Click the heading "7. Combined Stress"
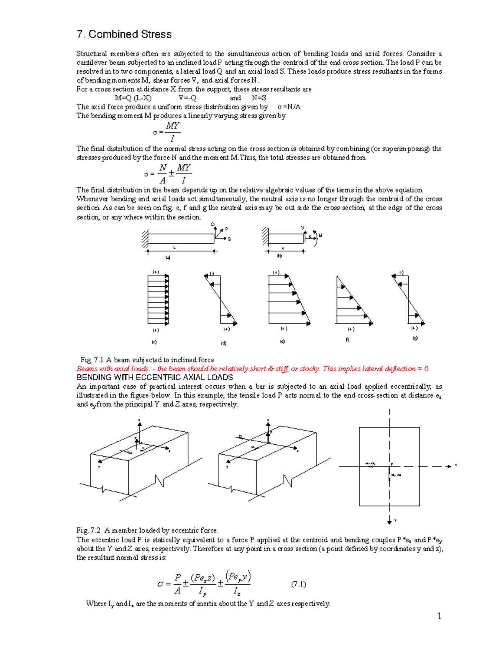tap(124, 34)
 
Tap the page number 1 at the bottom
tap(439, 616)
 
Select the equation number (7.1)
tap(299, 584)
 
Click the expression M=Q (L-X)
tap(133, 98)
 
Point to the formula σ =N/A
tap(289, 107)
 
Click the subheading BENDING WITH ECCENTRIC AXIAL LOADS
tap(155, 377)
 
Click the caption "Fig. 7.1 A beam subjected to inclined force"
tap(147, 360)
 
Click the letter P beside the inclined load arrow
tap(227, 229)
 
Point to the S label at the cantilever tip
tap(229, 239)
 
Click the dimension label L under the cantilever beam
tap(174, 248)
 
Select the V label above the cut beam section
tap(303, 228)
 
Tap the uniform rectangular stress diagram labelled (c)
tap(158, 300)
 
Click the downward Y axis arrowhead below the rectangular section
tap(389, 521)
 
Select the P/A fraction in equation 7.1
tap(177, 584)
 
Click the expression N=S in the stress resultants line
tap(259, 98)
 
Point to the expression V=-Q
tap(187, 98)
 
